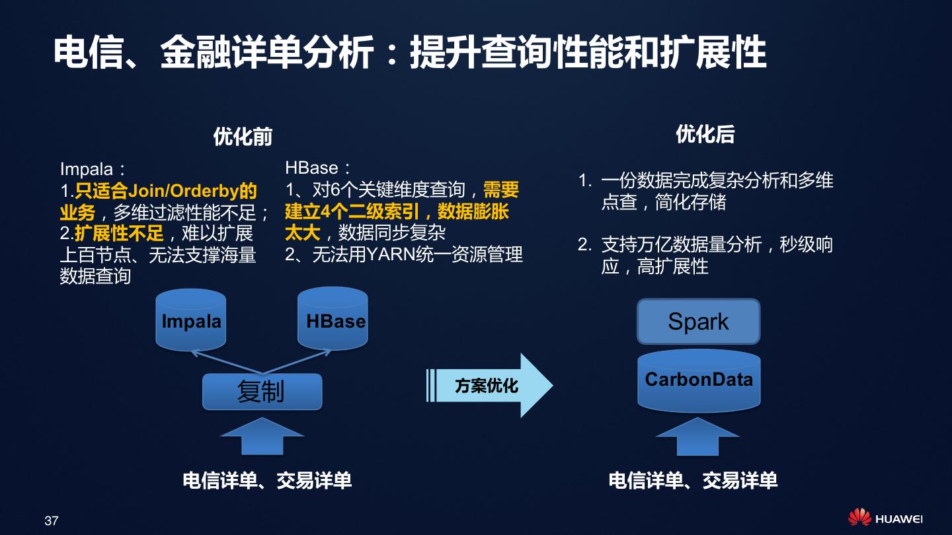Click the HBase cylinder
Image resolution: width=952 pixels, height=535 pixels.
pos(333,320)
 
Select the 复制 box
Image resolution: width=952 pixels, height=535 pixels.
pos(262,392)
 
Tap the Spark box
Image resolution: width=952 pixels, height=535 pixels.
pos(698,322)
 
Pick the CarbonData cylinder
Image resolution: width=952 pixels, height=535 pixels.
pos(699,380)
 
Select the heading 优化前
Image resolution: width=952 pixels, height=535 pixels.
pos(243,137)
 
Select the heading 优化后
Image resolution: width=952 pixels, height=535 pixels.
pos(705,135)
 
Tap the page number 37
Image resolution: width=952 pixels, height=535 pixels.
pos(52,520)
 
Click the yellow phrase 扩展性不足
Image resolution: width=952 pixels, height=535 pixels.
pos(119,233)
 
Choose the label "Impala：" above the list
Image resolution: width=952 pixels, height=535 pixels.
pos(92,170)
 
